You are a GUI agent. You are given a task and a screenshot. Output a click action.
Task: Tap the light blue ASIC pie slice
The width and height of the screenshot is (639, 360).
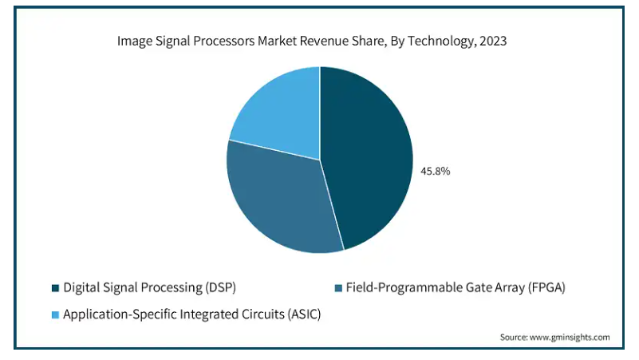click(x=279, y=112)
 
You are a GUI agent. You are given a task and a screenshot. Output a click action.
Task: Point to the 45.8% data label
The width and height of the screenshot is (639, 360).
click(x=436, y=170)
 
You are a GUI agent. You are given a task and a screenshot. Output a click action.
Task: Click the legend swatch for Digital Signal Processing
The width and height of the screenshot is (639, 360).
click(x=55, y=287)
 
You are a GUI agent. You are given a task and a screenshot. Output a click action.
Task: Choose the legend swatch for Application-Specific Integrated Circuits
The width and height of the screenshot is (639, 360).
click(x=55, y=315)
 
